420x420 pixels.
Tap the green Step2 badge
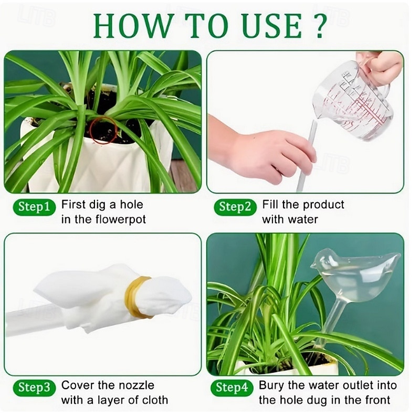[x=235, y=206]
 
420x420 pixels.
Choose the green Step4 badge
[x=232, y=388]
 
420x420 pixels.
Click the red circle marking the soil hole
[x=103, y=130]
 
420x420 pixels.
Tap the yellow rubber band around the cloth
[x=135, y=297]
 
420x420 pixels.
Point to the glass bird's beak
[x=314, y=265]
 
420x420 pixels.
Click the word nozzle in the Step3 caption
[x=138, y=385]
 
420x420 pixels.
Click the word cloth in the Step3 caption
[x=154, y=400]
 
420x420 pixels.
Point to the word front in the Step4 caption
[x=373, y=400]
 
